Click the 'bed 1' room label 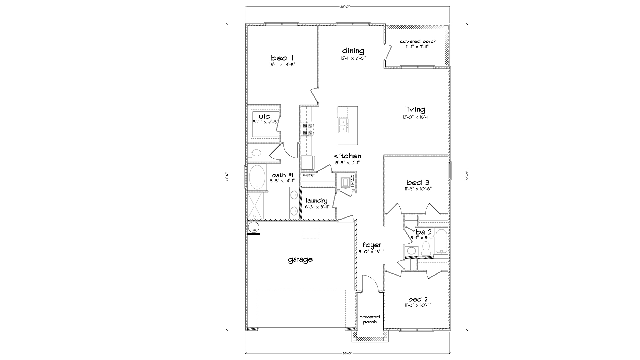(282, 58)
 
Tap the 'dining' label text (353, 51)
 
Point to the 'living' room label (415, 109)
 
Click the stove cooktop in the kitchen (307, 129)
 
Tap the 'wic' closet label (264, 116)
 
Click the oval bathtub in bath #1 (257, 177)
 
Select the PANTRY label (308, 175)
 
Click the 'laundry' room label (317, 201)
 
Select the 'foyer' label (372, 245)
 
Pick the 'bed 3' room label (418, 182)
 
